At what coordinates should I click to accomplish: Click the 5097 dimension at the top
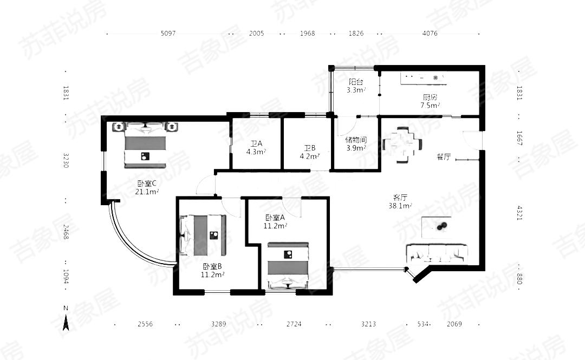tap(168, 33)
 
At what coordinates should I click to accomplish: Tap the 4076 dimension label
tap(430, 33)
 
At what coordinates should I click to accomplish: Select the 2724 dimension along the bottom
tap(294, 324)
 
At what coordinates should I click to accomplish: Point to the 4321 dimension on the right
tap(519, 213)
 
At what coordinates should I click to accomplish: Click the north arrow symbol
tap(66, 322)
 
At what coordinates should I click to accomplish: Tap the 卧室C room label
tap(147, 184)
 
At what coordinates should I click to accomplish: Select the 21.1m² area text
tap(147, 192)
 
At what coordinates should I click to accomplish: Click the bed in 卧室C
tap(145, 145)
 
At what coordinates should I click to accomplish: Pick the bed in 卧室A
tap(288, 265)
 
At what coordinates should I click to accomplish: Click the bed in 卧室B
tap(203, 235)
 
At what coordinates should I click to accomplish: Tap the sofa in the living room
tap(437, 254)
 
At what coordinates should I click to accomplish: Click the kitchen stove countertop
tap(423, 78)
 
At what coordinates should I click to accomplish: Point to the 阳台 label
tap(356, 82)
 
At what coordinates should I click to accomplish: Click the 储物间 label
tap(356, 140)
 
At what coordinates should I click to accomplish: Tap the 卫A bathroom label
tap(256, 143)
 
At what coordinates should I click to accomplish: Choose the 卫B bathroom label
tap(310, 148)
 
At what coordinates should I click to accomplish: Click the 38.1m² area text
tap(400, 206)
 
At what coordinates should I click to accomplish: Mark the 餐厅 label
tap(444, 156)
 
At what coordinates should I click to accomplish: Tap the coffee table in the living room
tap(436, 227)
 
